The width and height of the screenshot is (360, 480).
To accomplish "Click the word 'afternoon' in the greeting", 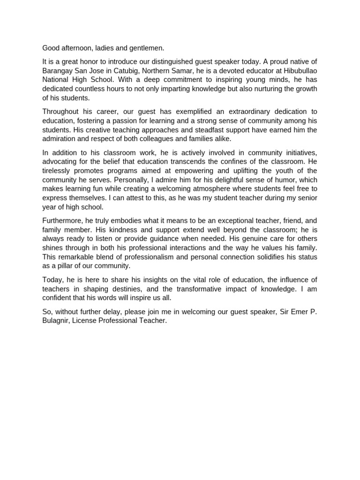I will tap(76, 48).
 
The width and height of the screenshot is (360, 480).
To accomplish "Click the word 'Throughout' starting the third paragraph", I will tap(60, 112).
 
